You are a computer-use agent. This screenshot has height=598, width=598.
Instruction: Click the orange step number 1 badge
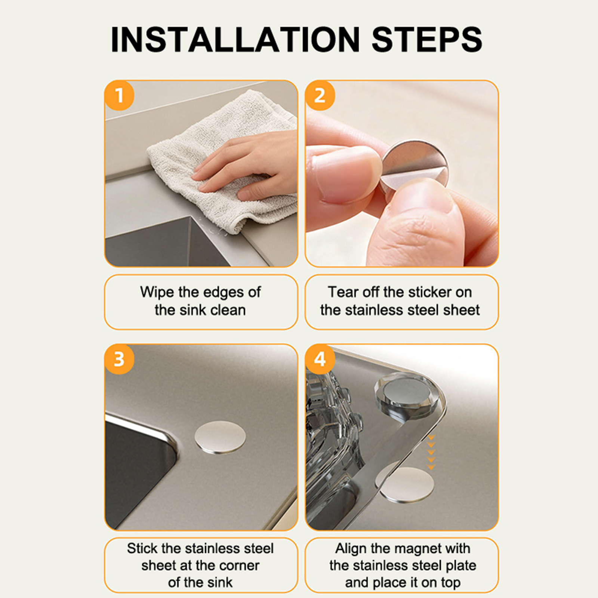tap(119, 96)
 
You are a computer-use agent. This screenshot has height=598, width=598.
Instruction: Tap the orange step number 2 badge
tap(320, 96)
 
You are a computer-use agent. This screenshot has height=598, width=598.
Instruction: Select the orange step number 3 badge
tap(119, 359)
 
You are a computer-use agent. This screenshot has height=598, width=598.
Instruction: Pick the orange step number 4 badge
tap(320, 359)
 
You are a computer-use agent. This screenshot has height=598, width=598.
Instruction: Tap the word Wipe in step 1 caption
tap(157, 292)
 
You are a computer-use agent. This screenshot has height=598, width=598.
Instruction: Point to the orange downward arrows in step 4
tap(431, 452)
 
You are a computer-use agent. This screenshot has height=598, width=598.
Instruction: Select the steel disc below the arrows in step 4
tap(406, 484)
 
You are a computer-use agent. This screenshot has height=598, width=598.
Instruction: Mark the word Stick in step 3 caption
tap(142, 549)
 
